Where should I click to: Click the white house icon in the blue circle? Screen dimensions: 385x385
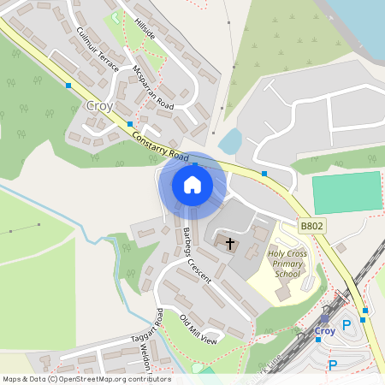click(x=192, y=185)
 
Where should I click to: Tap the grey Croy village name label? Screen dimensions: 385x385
click(x=99, y=106)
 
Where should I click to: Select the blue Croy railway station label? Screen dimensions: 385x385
click(x=325, y=330)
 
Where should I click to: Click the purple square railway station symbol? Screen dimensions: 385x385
click(x=324, y=317)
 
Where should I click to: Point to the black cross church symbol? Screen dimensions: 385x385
click(x=229, y=244)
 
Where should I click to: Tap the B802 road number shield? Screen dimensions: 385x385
click(x=311, y=226)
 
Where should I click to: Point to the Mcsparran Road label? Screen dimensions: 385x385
click(x=154, y=86)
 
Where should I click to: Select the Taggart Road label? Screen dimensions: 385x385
click(x=154, y=329)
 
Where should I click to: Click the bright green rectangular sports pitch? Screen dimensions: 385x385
click(x=346, y=192)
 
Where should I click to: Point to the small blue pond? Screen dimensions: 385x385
click(x=229, y=141)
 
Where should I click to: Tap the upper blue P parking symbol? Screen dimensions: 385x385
click(x=346, y=325)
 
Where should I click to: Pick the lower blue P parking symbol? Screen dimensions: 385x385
click(x=333, y=365)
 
